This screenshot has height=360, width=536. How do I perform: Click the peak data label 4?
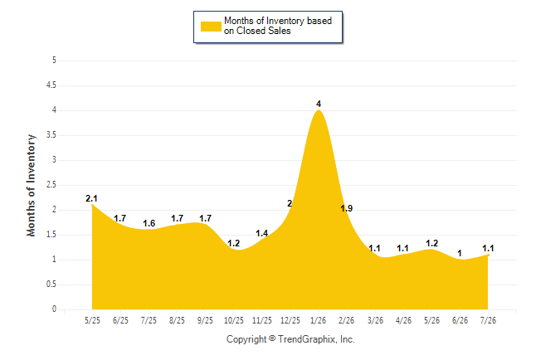pos(319,104)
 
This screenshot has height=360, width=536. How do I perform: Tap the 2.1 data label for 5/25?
pos(91,198)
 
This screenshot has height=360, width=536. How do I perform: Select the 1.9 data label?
pos(347,208)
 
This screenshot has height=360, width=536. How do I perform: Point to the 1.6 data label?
pos(149,223)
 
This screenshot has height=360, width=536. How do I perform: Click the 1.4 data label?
pos(262,233)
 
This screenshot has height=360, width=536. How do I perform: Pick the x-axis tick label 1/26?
pos(319,320)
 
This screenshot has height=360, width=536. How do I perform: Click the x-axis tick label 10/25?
pos(234,320)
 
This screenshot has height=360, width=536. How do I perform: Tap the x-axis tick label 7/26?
pos(488,320)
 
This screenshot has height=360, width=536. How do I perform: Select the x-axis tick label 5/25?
pos(92,320)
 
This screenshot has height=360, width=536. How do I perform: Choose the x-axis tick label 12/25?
pos(290,320)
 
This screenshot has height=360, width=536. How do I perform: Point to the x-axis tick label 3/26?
pos(375,320)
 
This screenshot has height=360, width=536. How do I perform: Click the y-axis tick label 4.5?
pos(51,85)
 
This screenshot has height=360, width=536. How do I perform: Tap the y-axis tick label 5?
pos(54,61)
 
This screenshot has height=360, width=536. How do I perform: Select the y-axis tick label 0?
pos(54,309)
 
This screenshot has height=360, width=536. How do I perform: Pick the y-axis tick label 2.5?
pos(51,185)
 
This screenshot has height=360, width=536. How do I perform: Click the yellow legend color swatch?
pos(211,27)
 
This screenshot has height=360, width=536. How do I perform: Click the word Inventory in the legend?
pos(285,21)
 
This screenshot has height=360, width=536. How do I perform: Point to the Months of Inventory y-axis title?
pos(31,185)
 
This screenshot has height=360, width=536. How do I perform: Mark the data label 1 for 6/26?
pos(460,253)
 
